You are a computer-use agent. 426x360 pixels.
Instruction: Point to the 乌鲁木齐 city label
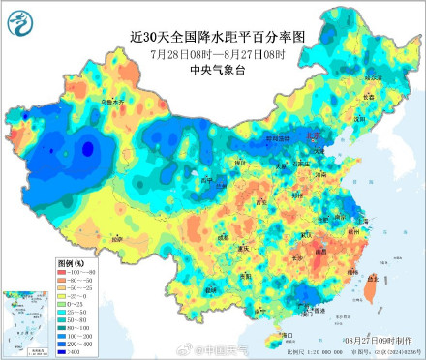tap(87, 100)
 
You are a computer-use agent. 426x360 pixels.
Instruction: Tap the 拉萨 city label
tap(117, 238)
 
